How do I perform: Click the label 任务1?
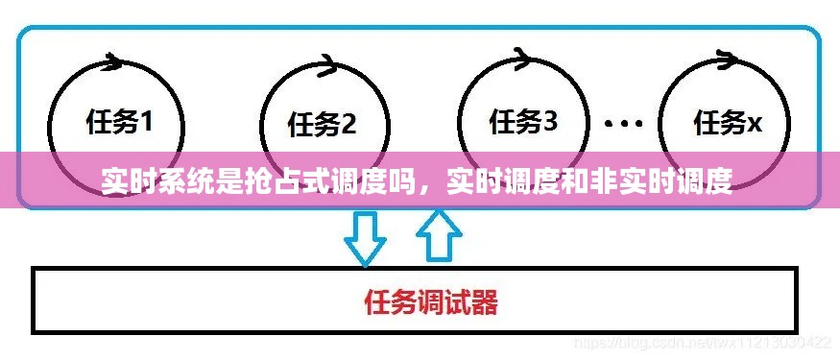119,122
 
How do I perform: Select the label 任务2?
322,124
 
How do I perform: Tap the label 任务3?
523,121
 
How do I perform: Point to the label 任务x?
728,122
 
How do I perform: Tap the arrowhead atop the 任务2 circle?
325,64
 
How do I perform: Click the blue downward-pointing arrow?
365,236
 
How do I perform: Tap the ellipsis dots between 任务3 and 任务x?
624,123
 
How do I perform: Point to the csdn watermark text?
702,343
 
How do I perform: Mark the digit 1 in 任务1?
146,122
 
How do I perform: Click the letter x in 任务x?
755,124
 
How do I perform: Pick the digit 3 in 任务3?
550,121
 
